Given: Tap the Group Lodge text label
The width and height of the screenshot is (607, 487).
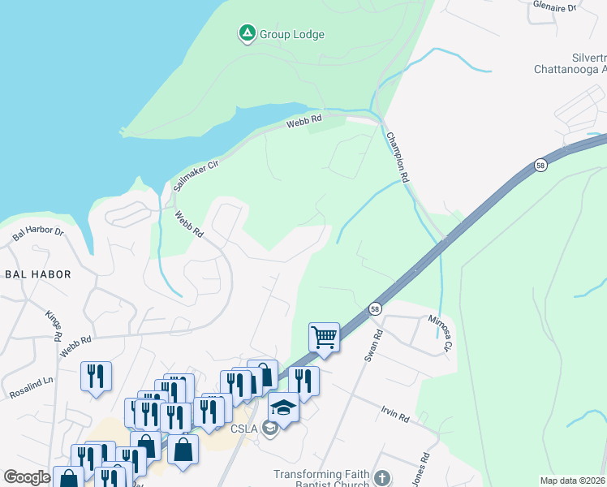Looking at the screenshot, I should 291,34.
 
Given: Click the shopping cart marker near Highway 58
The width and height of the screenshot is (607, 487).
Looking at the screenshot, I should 324,335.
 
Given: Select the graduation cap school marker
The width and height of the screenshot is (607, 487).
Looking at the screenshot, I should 283,406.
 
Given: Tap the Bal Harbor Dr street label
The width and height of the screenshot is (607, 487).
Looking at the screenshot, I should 37,233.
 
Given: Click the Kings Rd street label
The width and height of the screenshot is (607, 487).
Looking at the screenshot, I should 54,325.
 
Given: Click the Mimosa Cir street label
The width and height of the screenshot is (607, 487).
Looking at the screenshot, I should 438,333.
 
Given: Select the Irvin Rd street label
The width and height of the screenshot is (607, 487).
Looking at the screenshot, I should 394,414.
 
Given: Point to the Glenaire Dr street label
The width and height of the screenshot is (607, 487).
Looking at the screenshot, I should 554,6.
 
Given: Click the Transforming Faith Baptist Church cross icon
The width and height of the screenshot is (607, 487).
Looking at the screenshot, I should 382,478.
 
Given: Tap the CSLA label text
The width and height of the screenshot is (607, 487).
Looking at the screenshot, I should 244,429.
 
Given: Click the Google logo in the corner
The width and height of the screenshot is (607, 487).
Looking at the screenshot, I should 27,477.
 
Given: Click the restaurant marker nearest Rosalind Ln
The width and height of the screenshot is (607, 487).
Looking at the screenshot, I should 96,377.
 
